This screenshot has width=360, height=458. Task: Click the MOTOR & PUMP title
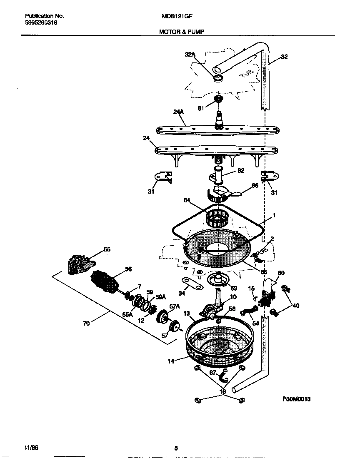coord(181,31)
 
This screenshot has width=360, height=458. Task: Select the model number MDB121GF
coord(177,16)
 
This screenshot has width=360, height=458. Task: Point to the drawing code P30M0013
coord(296,399)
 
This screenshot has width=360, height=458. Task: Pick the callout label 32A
coord(190,54)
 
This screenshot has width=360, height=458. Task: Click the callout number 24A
coord(178,112)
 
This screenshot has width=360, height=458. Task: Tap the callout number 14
coord(171,361)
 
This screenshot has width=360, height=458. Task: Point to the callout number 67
coord(213,373)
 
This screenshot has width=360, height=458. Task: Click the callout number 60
coord(281,273)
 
